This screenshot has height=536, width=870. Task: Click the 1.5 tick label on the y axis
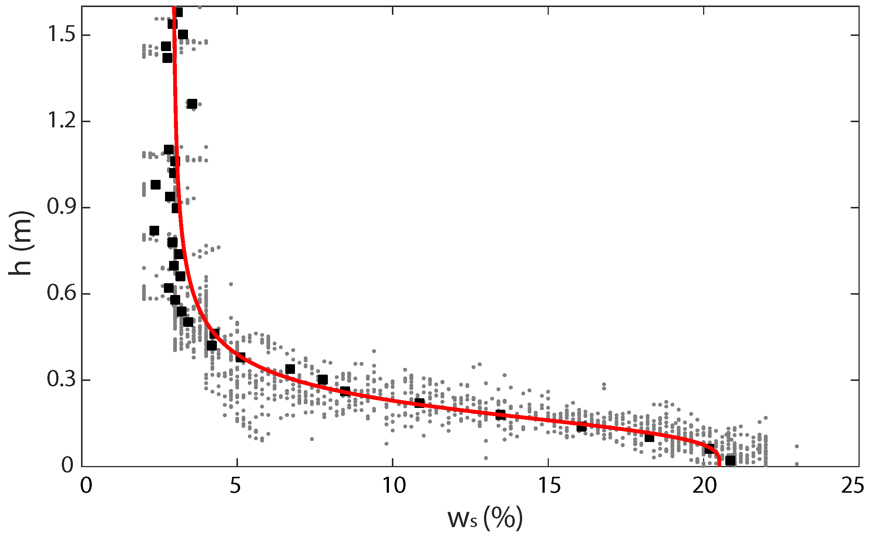click(61, 35)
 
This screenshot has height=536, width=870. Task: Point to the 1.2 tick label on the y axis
click(61, 121)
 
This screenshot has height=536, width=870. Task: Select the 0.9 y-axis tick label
click(61, 207)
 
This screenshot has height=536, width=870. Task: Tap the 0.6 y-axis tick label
click(61, 293)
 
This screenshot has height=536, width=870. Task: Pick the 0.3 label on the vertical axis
click(61, 379)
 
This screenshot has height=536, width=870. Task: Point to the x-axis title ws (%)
click(485, 518)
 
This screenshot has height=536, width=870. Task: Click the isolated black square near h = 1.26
click(192, 104)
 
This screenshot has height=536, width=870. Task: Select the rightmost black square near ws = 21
click(730, 460)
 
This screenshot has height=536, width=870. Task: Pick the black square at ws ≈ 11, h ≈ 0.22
click(419, 403)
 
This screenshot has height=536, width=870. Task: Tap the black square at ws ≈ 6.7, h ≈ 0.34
click(290, 369)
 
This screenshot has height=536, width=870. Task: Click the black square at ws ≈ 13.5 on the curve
click(500, 415)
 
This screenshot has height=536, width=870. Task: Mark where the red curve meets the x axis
click(719, 465)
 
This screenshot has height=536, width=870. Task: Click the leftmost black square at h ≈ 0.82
click(154, 231)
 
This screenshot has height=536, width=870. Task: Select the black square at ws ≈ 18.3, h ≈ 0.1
click(649, 438)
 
